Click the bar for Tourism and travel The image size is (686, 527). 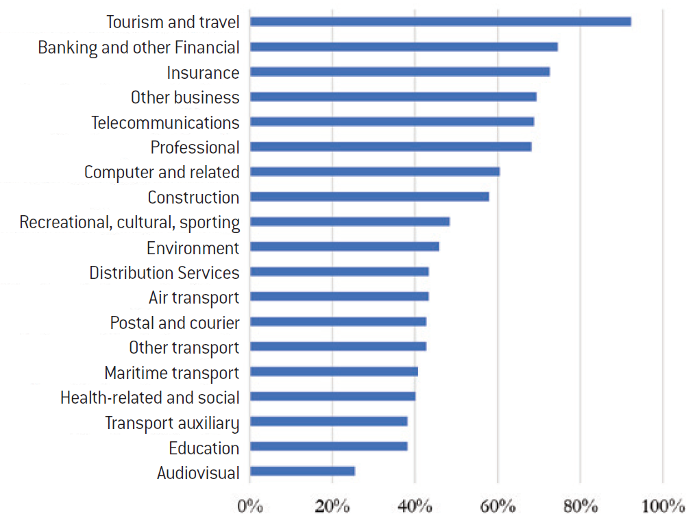[x=440, y=22]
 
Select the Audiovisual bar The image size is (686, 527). [x=302, y=471]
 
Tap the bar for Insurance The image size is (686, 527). [x=400, y=72]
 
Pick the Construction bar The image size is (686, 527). [x=369, y=197]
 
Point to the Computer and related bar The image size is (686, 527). [x=375, y=171]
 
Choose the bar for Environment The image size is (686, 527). [x=345, y=247]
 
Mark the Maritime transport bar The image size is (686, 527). [x=334, y=371]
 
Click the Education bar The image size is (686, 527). [x=329, y=446]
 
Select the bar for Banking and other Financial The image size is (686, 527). [x=404, y=47]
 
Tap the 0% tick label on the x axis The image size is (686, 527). [x=250, y=507]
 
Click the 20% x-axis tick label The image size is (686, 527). [x=332, y=507]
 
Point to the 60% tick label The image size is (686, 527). [x=498, y=507]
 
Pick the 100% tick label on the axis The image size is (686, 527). [x=663, y=507]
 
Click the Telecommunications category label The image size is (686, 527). [x=165, y=123]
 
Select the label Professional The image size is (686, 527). [x=195, y=147]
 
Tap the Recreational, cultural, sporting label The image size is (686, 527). [x=130, y=223]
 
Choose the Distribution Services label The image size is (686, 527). [x=164, y=273]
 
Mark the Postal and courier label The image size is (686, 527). [x=175, y=323]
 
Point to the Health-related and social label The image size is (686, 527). [x=150, y=397]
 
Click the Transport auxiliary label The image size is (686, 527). [x=172, y=423]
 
